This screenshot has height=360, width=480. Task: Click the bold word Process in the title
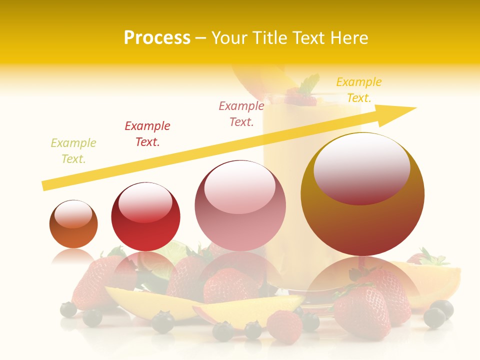pyautogui.click(x=157, y=37)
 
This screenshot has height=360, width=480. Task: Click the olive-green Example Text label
pyautogui.click(x=73, y=150)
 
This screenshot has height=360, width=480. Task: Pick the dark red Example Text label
pyautogui.click(x=147, y=133)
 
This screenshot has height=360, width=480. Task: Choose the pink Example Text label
pyautogui.click(x=241, y=113)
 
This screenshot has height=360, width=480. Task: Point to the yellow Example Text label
pyautogui.click(x=359, y=89)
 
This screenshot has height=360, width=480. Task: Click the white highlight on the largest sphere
pyautogui.click(x=361, y=167)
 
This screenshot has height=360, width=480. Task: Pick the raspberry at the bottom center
pyautogui.click(x=284, y=325)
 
